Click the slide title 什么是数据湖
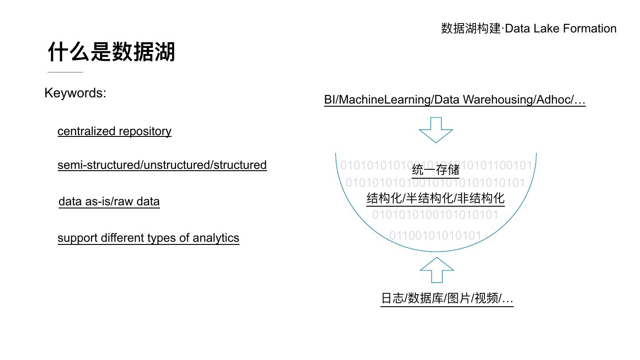coord(112,52)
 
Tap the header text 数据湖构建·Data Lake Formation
coord(528,28)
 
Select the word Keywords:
coord(75,93)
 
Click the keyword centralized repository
coord(114,131)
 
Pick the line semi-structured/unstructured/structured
coord(162,165)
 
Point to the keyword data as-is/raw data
coord(109,201)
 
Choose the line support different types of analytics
coord(148,238)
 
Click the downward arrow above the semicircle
coord(436,130)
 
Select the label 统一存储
coord(436,170)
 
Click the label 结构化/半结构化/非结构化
coord(436,198)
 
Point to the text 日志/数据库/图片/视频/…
coord(447,298)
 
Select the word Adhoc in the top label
coord(553,100)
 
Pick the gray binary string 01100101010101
coord(435,236)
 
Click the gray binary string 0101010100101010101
coord(435,215)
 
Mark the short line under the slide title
coord(65,72)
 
